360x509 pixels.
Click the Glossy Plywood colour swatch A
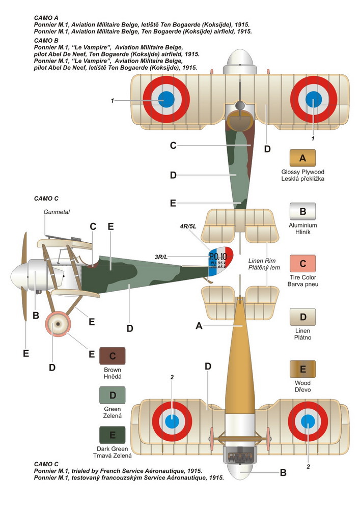[302, 157]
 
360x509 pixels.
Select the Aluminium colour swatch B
[302, 211]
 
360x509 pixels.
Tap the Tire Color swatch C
[302, 264]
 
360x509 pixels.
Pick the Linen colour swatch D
[302, 317]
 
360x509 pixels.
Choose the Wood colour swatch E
[302, 369]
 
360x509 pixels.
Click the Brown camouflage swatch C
[113, 356]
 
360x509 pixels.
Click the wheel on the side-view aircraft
[58, 324]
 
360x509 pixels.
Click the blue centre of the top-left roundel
[166, 99]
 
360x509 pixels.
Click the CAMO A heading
[45, 17]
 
